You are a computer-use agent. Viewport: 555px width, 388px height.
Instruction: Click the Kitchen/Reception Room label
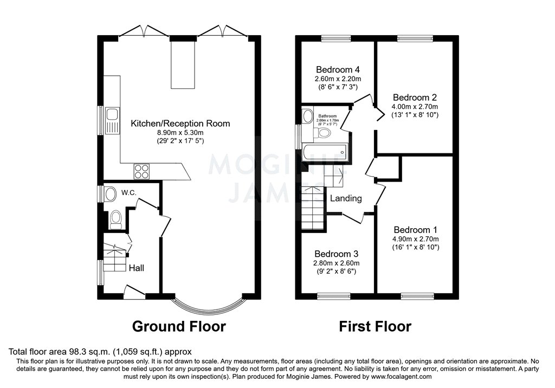coord(180,124)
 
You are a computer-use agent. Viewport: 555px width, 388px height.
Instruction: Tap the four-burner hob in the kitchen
coord(141,171)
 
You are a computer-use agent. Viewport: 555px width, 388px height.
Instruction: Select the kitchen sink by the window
coord(112,114)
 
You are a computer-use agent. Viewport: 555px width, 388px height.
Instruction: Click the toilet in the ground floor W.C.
coord(115,219)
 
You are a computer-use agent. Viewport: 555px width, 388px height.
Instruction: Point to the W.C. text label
coord(128,192)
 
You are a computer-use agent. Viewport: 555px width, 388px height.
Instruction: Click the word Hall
coord(136,268)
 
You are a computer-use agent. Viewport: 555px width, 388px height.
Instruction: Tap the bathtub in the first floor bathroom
coord(323,153)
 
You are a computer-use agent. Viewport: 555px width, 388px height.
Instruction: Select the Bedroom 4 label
coord(338,70)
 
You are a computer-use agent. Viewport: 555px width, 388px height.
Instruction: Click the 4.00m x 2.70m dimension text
coord(415,107)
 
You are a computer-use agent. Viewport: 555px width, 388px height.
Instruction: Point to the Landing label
coord(346,198)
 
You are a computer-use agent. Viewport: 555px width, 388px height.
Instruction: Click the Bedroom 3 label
coord(336,254)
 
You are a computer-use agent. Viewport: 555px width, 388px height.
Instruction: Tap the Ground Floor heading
coord(179,326)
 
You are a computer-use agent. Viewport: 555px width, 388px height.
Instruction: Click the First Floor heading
coord(375,326)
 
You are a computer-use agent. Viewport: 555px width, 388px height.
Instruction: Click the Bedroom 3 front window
coord(333,296)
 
